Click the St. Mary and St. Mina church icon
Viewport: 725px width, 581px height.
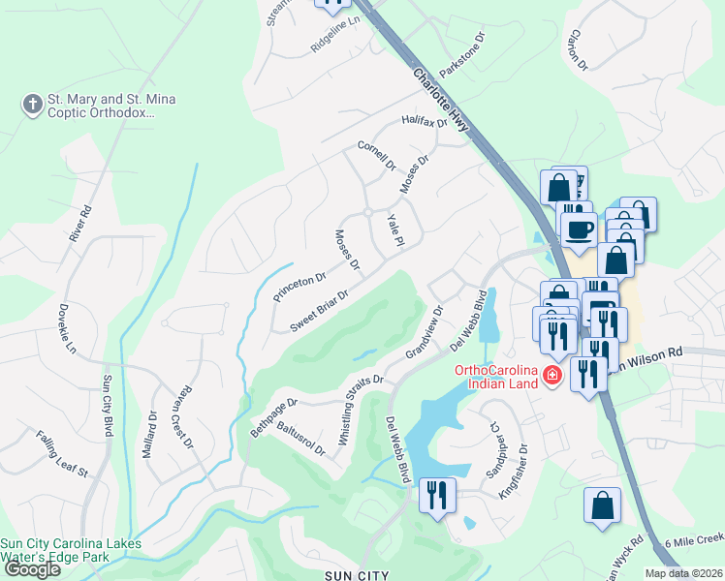point(32,104)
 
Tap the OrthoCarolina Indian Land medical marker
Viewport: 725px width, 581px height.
point(552,376)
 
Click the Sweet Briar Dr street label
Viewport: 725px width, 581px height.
point(319,310)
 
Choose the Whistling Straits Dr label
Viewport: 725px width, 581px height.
point(361,412)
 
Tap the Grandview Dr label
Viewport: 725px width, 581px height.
point(425,332)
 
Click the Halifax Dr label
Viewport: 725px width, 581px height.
point(425,122)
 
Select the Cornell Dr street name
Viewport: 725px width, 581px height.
point(377,156)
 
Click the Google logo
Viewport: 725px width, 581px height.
point(32,569)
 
